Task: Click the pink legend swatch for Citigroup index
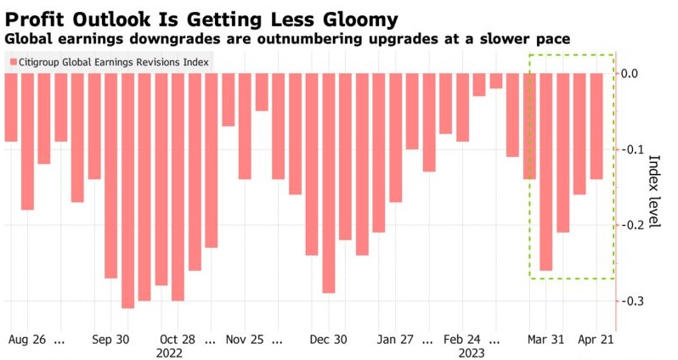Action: click(13, 61)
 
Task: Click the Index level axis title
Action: click(654, 190)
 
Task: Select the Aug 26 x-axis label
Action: click(27, 339)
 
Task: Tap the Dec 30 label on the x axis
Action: click(328, 339)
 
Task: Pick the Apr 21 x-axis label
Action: click(596, 339)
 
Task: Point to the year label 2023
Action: click(472, 352)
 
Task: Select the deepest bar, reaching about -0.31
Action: click(127, 190)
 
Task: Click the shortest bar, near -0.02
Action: click(495, 81)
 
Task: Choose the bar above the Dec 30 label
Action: click(328, 183)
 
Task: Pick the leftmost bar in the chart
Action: click(10, 107)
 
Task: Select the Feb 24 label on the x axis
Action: click(462, 339)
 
